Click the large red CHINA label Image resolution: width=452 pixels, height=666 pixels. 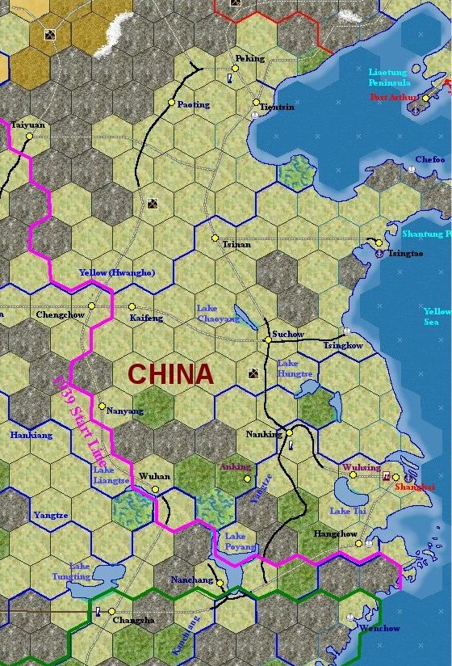pyautogui.click(x=170, y=374)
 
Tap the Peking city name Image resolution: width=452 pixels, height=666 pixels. pyautogui.click(x=249, y=59)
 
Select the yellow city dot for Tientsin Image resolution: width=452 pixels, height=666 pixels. pyautogui.click(x=256, y=103)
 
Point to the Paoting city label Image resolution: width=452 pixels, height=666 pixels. pyautogui.click(x=193, y=104)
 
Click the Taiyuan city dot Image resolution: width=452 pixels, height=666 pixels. pyautogui.click(x=29, y=136)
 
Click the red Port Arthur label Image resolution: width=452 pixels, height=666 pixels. pyautogui.click(x=389, y=97)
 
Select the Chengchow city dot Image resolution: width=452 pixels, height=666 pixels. pyautogui.click(x=92, y=306)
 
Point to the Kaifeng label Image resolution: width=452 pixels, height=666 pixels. pyautogui.click(x=146, y=318)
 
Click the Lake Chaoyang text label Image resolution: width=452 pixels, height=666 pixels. pyautogui.click(x=218, y=314)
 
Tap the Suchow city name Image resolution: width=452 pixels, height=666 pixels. pyautogui.click(x=288, y=334)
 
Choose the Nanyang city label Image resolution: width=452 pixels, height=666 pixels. pyautogui.click(x=124, y=411)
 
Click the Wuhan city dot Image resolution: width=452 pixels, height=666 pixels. pyautogui.click(x=156, y=488)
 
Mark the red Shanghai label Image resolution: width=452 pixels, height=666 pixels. pyautogui.click(x=415, y=487)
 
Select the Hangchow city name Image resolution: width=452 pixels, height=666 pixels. pyautogui.click(x=335, y=534)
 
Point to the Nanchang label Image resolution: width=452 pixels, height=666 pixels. pyautogui.click(x=191, y=580)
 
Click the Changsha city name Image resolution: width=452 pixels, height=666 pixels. pyautogui.click(x=133, y=621)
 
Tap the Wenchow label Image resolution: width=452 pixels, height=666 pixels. pyautogui.click(x=379, y=628)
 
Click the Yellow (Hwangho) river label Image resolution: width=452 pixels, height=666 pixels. pyautogui.click(x=117, y=272)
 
